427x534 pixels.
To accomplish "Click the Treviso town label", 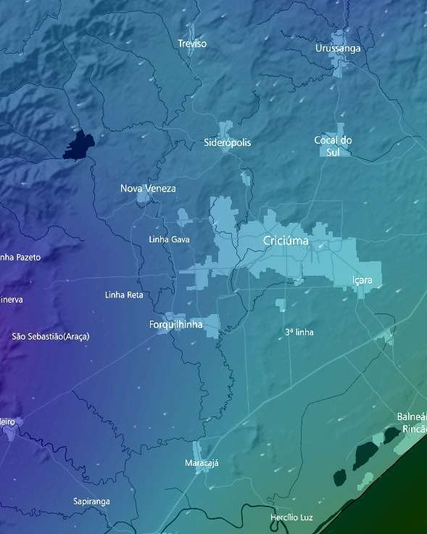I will pyautogui.click(x=192, y=44).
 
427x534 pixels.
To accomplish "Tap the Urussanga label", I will pyautogui.click(x=338, y=49).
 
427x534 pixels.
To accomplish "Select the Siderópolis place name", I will pyautogui.click(x=228, y=143).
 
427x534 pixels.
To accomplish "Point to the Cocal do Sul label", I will pyautogui.click(x=333, y=146).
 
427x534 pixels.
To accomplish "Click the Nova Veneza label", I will pyautogui.click(x=148, y=189).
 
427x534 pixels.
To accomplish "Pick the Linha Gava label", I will pyautogui.click(x=169, y=239).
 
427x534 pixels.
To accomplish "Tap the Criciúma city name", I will pyautogui.click(x=286, y=241).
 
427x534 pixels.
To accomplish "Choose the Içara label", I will pyautogui.click(x=362, y=280).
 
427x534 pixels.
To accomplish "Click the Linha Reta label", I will pyautogui.click(x=124, y=295).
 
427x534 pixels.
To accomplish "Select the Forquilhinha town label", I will pyautogui.click(x=175, y=324).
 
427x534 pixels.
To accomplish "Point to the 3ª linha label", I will pyautogui.click(x=299, y=332).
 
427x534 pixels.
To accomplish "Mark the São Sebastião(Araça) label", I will pyautogui.click(x=51, y=337).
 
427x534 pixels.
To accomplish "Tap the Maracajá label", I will pyautogui.click(x=202, y=463).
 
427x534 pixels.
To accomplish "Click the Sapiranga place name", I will pyautogui.click(x=91, y=501).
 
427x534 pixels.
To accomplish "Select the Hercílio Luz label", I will pyautogui.click(x=291, y=517).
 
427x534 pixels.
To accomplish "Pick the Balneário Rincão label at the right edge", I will pyautogui.click(x=412, y=422).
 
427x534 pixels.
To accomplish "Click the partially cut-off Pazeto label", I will pyautogui.click(x=20, y=258).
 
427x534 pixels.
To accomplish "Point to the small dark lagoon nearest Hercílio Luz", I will pyautogui.click(x=339, y=477).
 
